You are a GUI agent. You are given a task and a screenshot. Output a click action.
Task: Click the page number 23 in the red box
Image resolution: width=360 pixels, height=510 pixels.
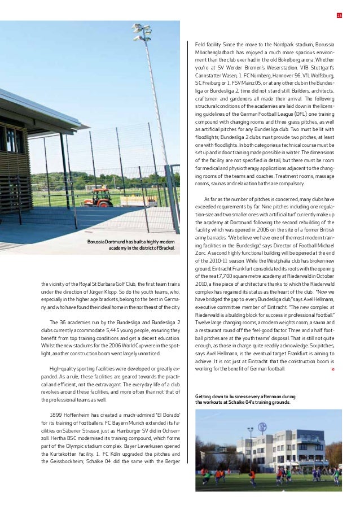click(x=339, y=15)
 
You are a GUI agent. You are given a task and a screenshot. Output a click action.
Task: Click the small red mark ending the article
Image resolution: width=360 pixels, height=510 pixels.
click(x=333, y=369)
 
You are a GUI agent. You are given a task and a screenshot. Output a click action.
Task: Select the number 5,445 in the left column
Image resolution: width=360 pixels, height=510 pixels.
click(x=107, y=330)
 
